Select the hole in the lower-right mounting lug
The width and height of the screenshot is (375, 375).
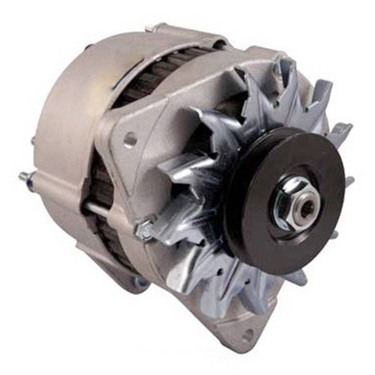247,337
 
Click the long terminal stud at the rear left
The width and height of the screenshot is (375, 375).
25,176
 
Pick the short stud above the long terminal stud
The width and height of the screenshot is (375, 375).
33,141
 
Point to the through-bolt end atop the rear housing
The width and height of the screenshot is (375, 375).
155,27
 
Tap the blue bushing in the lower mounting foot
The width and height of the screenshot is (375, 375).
138,282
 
